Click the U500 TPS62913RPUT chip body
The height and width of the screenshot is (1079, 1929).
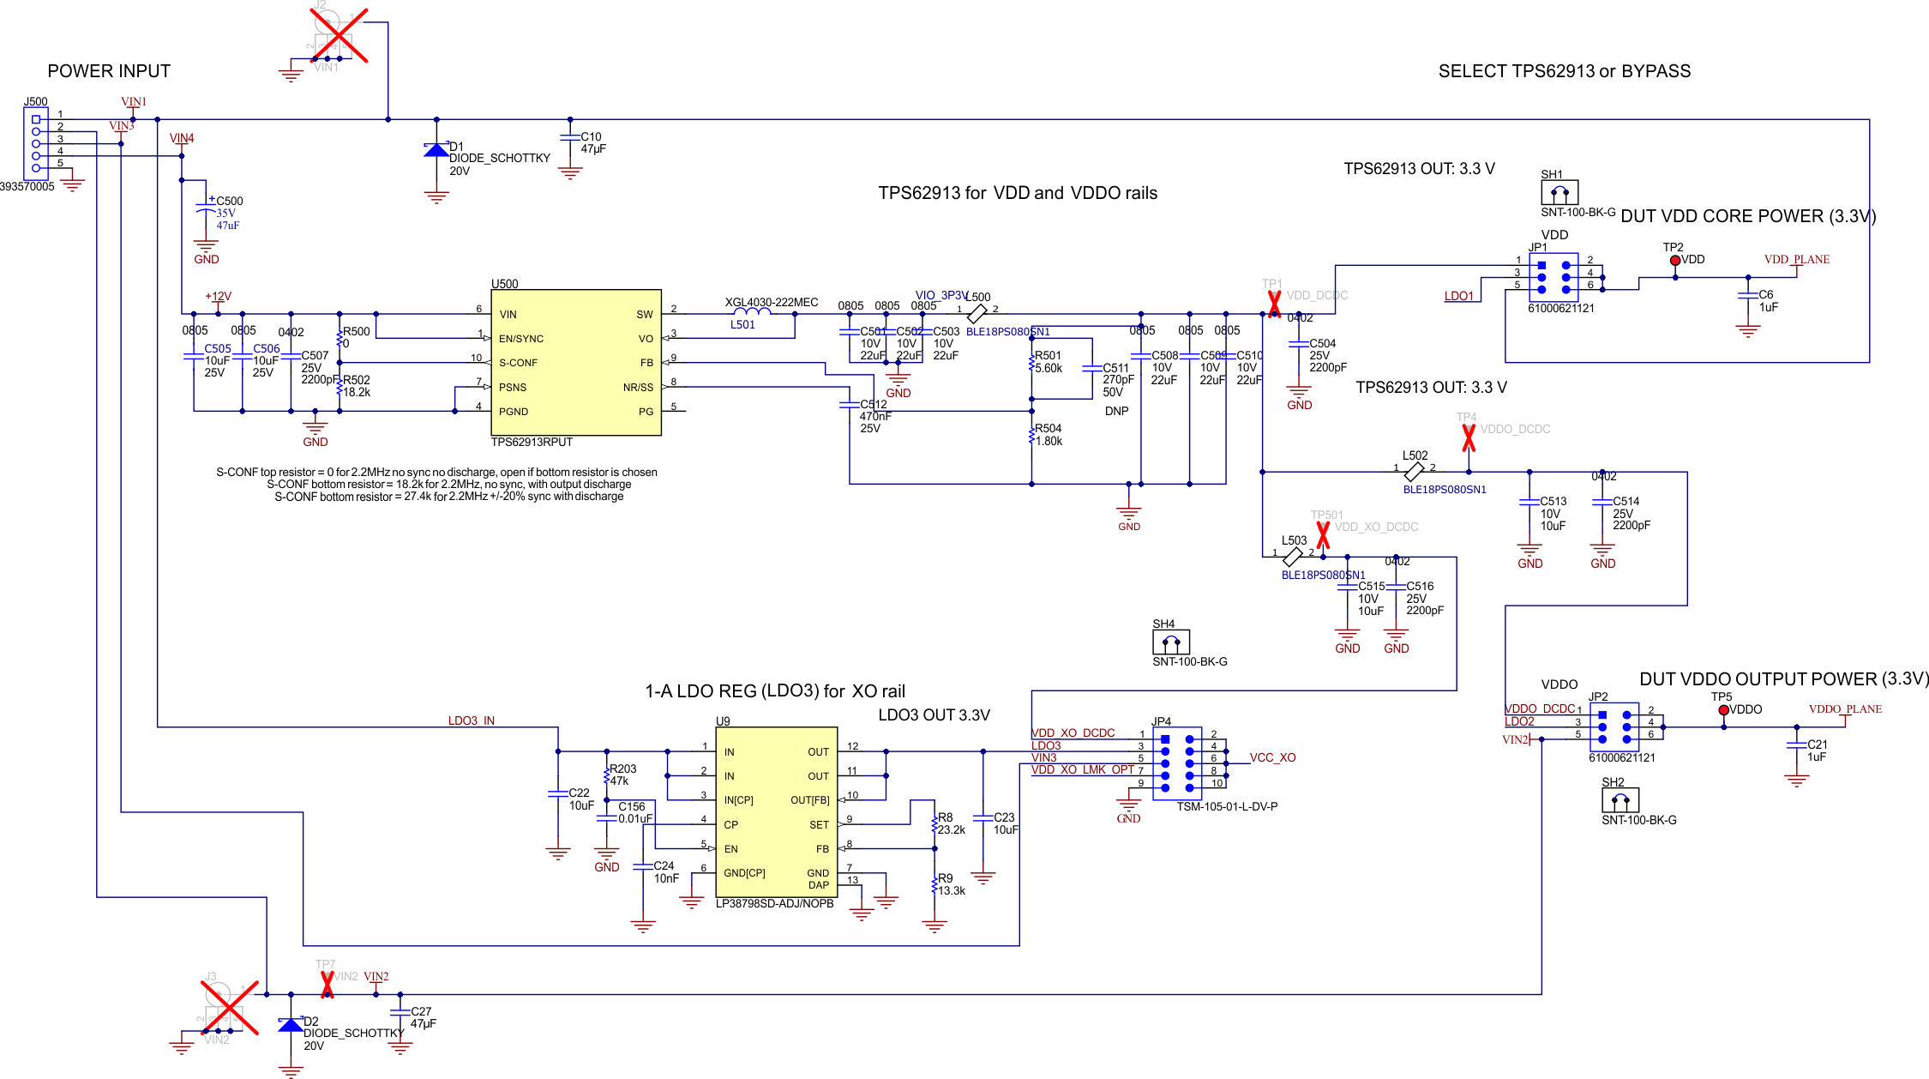(x=575, y=362)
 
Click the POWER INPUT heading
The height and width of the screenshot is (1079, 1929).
(x=109, y=71)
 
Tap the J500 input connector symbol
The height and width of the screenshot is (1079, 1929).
(x=36, y=143)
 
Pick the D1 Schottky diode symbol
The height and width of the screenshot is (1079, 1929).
(x=436, y=150)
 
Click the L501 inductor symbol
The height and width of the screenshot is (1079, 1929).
(x=752, y=313)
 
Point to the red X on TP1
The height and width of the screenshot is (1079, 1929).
(x=1274, y=304)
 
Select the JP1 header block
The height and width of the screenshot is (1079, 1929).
(x=1553, y=277)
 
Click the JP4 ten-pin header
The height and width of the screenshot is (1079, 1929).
(x=1177, y=763)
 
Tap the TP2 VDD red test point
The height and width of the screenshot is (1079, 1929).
(x=1674, y=261)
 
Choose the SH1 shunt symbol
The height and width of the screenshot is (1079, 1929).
(x=1559, y=192)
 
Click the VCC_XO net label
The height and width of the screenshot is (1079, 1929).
(x=1272, y=757)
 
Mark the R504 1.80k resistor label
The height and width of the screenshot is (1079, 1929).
(x=1049, y=435)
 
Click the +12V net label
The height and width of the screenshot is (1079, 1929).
(x=218, y=296)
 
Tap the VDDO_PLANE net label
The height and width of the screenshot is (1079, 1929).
(x=1845, y=709)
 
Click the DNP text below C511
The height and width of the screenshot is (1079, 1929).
(x=1116, y=411)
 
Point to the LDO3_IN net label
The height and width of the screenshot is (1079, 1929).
(x=471, y=720)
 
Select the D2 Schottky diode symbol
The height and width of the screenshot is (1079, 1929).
(x=291, y=1025)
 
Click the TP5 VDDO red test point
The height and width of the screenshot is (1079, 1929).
(x=1723, y=710)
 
